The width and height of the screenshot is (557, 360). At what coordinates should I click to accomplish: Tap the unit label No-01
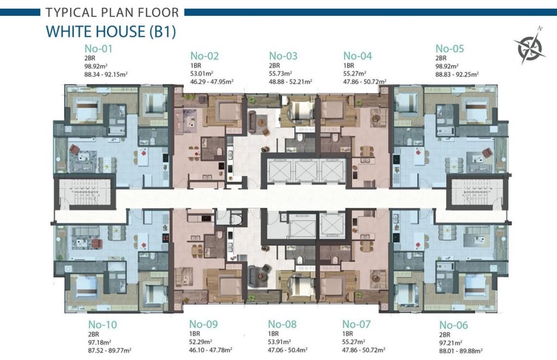point(98,48)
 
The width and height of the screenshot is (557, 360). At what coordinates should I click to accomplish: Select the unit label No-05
point(450,48)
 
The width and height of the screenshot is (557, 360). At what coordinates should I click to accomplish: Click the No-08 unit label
point(282,324)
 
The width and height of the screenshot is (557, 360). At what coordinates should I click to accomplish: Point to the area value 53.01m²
point(202,73)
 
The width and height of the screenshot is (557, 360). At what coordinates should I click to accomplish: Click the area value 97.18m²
point(100,342)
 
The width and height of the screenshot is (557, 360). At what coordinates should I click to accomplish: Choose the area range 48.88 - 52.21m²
point(290,82)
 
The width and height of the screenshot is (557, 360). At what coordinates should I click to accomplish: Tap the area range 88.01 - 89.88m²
point(461,351)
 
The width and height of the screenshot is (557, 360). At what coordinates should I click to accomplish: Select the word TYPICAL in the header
point(71,13)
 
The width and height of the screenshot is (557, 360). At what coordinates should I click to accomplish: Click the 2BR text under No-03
point(274,66)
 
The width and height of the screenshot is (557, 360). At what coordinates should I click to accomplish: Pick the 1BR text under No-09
point(195,334)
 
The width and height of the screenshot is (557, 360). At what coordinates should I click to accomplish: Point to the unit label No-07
point(356,324)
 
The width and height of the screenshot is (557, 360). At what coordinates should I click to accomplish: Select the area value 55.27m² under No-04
point(355,73)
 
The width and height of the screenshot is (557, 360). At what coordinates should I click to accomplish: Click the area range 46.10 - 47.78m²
point(211,350)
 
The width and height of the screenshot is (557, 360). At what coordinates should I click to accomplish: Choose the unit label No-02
point(205,55)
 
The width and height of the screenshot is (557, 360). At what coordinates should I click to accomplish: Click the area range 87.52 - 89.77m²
point(110,350)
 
